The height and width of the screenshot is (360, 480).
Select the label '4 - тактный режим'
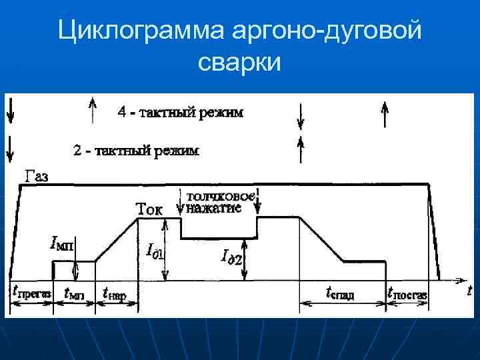180,112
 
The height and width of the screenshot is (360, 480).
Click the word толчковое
220,196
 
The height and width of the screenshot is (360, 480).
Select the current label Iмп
63,245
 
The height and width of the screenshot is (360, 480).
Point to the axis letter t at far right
469,290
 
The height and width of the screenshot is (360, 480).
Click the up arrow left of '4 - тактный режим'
93,109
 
